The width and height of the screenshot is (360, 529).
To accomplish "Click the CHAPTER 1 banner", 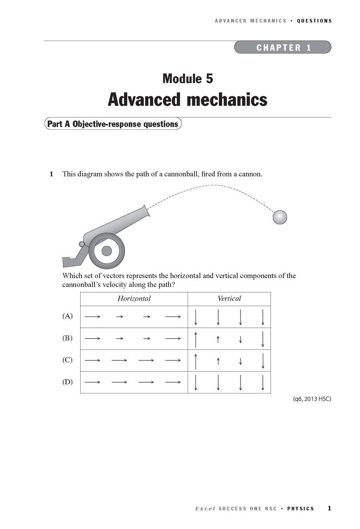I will click(283, 47).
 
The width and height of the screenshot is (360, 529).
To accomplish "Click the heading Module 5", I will click(188, 78).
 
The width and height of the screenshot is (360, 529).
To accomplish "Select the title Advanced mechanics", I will click(188, 100).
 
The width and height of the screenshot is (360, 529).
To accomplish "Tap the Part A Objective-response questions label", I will click(112, 124).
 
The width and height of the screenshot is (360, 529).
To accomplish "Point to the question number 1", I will click(51, 174).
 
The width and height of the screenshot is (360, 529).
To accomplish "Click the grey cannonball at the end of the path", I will click(279, 217).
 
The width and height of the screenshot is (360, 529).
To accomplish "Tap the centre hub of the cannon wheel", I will click(107, 250).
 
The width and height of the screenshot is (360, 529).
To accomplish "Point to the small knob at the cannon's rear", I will click(82, 244).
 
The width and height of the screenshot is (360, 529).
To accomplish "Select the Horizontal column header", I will click(134, 298).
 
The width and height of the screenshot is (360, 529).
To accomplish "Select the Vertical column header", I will click(229, 298).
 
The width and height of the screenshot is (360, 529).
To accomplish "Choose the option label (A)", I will click(67, 316).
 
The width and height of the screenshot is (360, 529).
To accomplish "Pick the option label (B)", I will click(67, 338).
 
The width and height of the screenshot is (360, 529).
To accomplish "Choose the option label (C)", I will click(67, 360).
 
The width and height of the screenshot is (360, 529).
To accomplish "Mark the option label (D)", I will click(67, 382).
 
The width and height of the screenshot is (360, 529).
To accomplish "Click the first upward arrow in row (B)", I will click(196, 338).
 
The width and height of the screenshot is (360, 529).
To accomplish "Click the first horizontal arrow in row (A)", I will click(93, 317).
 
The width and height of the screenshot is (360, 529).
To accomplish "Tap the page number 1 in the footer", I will click(329, 508).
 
